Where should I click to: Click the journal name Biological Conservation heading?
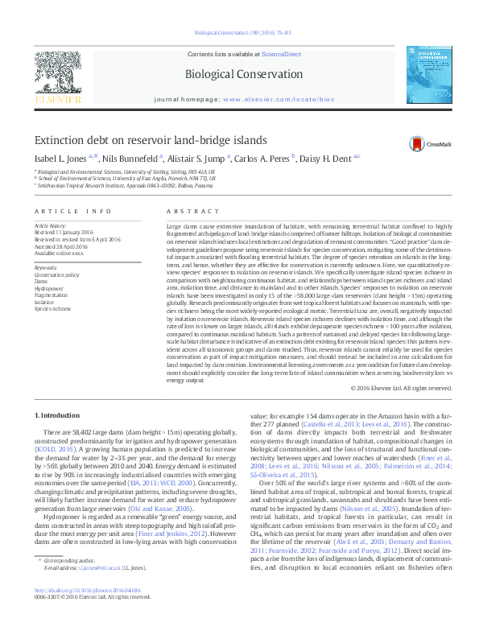point(240,74)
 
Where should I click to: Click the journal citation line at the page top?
point(239,33)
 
